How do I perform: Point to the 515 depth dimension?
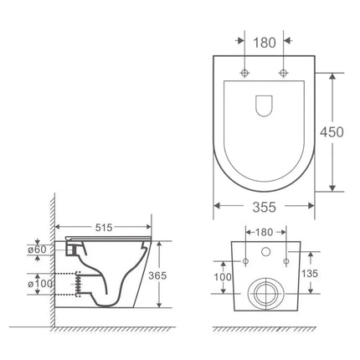pyautogui.click(x=104, y=227)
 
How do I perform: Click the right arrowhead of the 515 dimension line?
pyautogui.click(x=151, y=227)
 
